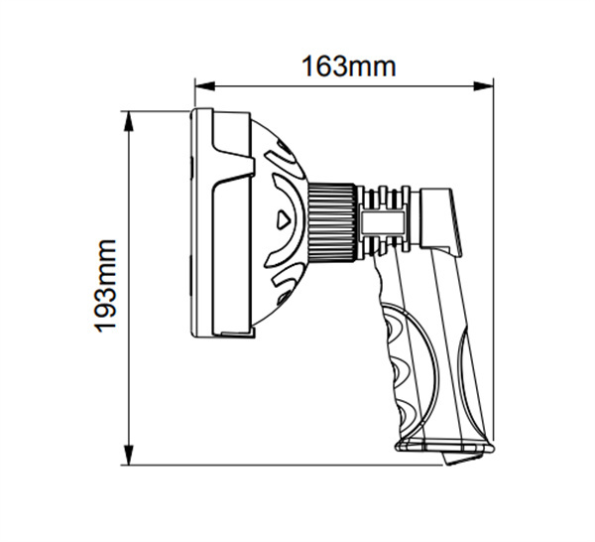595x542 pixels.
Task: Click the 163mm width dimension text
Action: pyautogui.click(x=348, y=66)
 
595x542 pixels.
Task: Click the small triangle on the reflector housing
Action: pyautogui.click(x=285, y=219)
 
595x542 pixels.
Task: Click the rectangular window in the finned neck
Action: pyautogui.click(x=383, y=220)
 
